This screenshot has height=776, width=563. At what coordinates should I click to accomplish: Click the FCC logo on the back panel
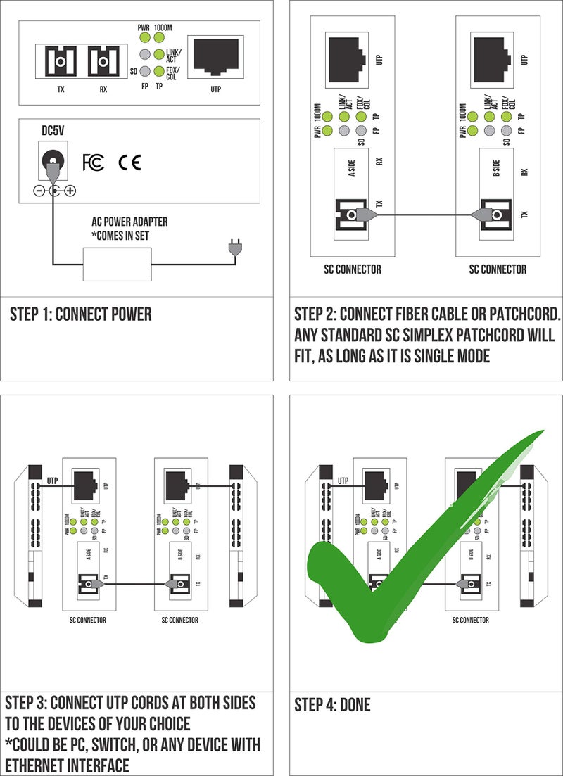93,163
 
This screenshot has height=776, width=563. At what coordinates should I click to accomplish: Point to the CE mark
129,163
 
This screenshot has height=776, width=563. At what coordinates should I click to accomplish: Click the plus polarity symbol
70,191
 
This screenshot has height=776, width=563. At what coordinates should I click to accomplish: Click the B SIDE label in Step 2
495,168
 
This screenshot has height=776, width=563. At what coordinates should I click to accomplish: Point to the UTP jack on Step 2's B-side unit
488,54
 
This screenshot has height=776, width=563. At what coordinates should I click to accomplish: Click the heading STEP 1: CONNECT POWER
80,314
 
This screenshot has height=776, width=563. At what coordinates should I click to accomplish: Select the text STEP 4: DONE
331,704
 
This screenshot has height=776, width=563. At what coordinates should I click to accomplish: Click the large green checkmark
394,563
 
